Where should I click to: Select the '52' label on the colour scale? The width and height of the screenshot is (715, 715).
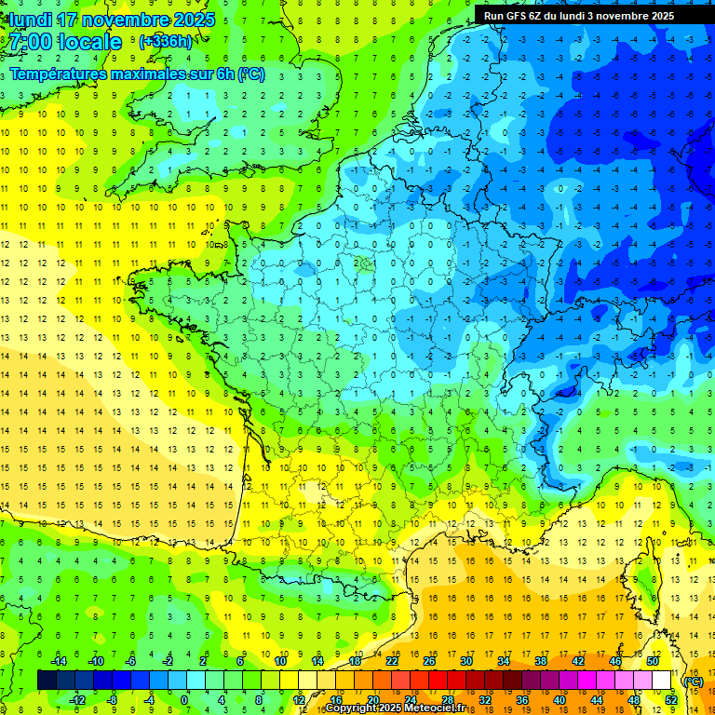[670, 700]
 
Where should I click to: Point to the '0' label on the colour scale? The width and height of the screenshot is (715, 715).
[184, 700]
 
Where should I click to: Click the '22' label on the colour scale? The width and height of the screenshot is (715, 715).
[392, 661]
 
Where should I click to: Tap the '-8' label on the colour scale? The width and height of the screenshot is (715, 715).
[112, 700]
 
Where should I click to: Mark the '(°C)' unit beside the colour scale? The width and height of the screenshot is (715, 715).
[692, 681]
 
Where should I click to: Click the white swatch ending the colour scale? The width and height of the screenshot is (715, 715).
[661, 681]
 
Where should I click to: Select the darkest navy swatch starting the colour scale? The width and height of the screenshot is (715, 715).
[47, 681]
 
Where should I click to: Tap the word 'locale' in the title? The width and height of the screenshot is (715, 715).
[89, 42]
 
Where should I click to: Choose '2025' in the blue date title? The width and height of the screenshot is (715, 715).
[191, 20]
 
